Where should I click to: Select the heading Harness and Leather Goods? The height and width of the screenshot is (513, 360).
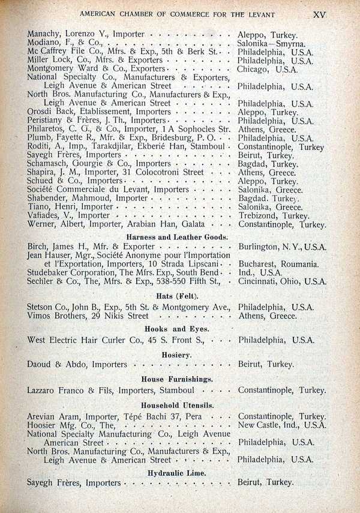click(177, 236)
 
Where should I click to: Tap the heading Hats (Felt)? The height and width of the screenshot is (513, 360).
click(178, 296)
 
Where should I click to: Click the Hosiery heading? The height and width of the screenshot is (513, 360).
click(176, 355)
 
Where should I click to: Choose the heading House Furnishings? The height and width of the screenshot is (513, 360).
click(177, 380)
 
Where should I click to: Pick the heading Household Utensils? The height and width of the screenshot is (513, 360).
click(177, 406)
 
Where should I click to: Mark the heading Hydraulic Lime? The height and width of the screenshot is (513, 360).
click(176, 473)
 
